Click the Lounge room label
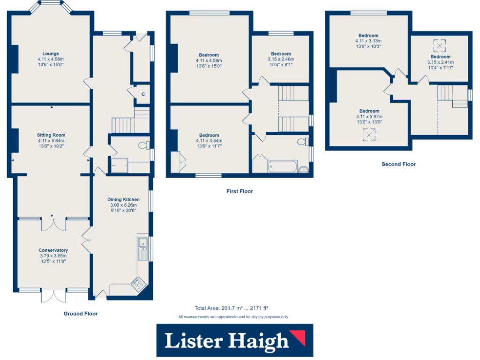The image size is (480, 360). (x=51, y=53)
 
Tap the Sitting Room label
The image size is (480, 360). (x=51, y=134)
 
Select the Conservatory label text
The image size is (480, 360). (x=53, y=250)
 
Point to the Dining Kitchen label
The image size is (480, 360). (x=124, y=199)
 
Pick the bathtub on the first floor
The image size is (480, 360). (x=283, y=166)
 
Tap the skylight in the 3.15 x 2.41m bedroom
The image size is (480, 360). (x=440, y=45)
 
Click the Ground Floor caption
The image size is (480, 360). (x=81, y=314)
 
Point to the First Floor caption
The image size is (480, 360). (x=239, y=191)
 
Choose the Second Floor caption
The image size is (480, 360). (x=398, y=164)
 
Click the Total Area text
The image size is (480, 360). (x=231, y=308)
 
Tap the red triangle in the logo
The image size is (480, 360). (x=298, y=337)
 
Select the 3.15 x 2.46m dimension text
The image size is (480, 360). (x=280, y=60)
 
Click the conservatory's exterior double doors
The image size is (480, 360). (x=53, y=296)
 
